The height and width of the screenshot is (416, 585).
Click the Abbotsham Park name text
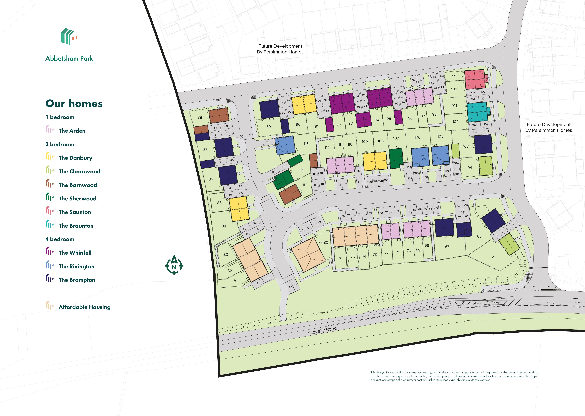point(69,58)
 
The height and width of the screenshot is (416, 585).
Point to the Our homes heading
point(74,103)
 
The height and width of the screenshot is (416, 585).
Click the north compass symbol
point(174,265)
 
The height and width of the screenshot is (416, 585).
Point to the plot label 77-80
point(323,242)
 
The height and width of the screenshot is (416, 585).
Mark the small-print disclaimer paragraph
point(455,376)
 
